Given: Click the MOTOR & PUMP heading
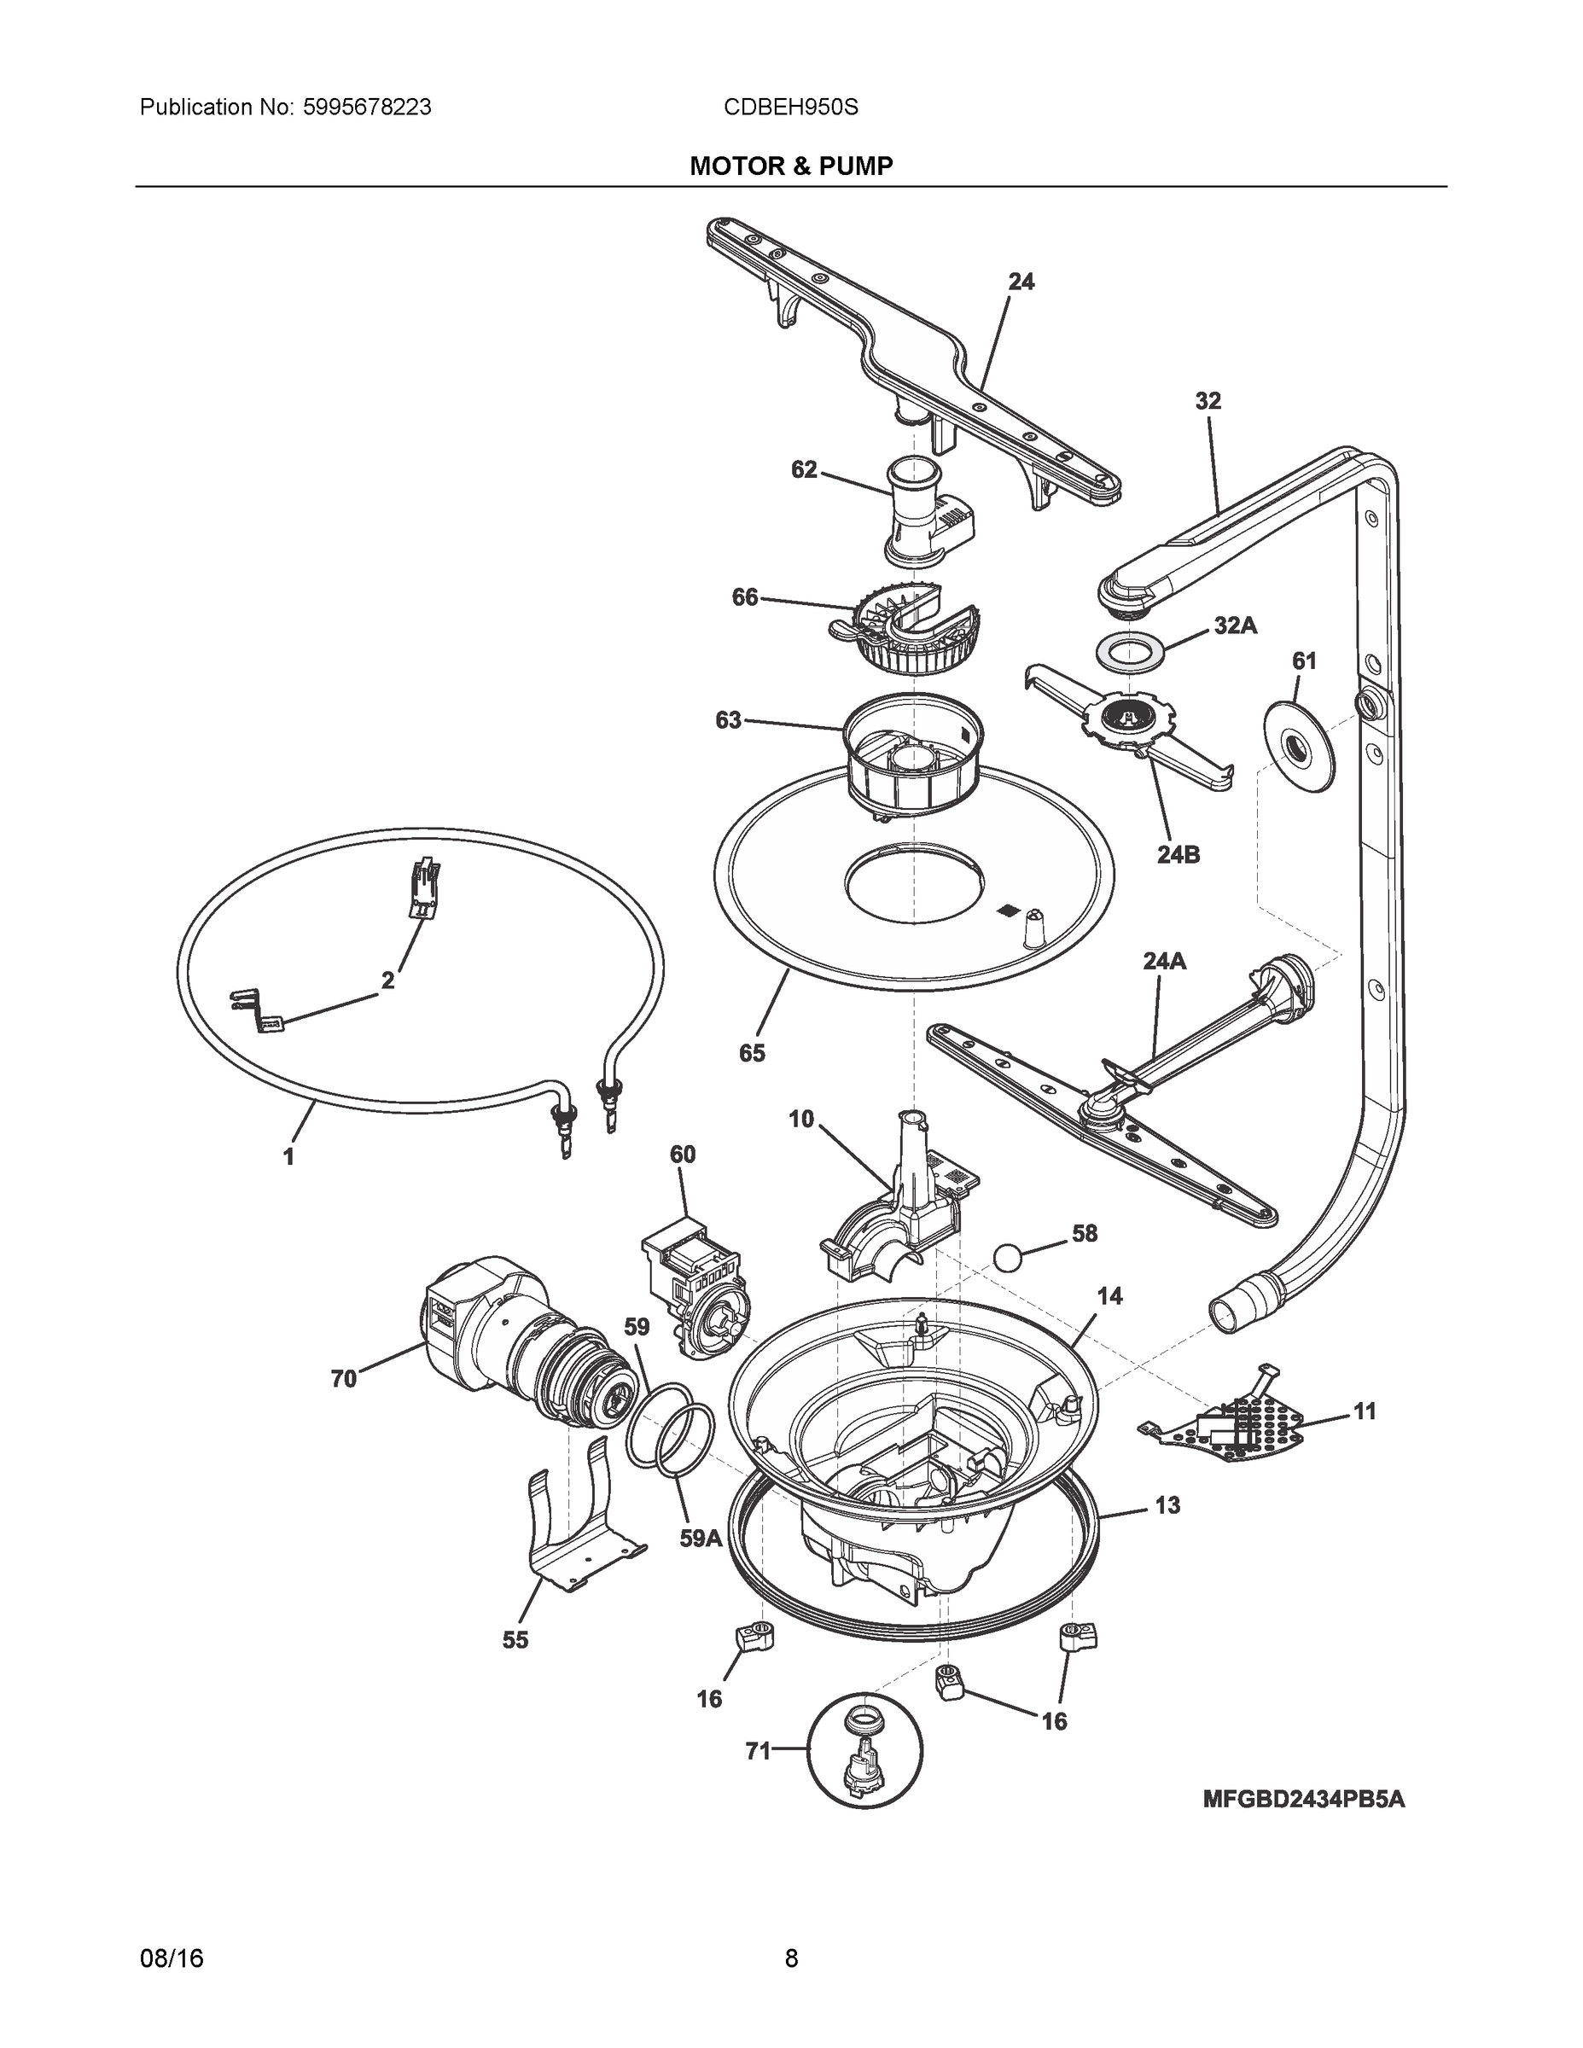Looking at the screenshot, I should coord(790,166).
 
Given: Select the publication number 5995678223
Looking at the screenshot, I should coord(367,108).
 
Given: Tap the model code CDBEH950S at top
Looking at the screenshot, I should coord(790,108).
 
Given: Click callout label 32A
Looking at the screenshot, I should coord(1235,626).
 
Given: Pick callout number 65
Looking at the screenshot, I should coord(751,1053).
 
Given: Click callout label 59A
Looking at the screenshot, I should coord(700,1565).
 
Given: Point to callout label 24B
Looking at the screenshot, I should coord(1178,854).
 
